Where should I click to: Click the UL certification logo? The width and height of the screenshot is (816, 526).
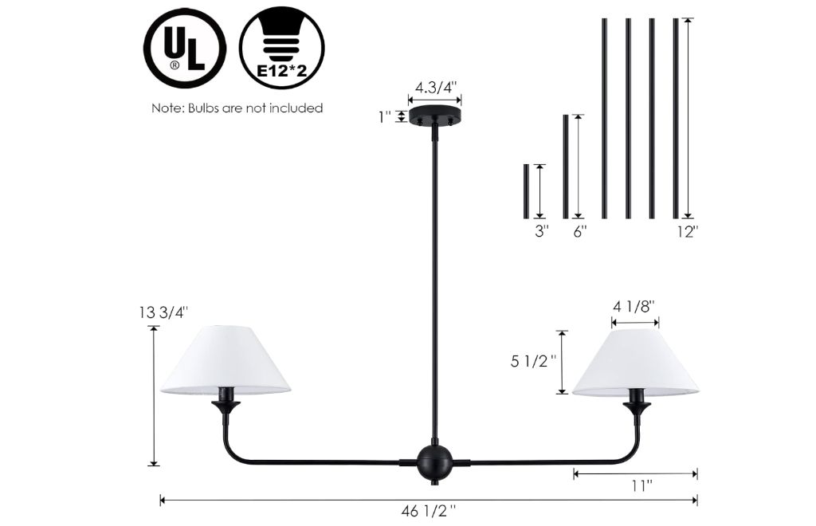185,48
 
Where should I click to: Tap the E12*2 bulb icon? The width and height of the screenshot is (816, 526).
281,48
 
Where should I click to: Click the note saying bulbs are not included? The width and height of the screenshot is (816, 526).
237,108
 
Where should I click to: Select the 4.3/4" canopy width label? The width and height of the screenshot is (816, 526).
435,87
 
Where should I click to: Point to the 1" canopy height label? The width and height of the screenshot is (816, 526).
385,117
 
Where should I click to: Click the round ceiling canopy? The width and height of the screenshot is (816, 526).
435,116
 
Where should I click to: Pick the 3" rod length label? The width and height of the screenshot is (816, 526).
542,232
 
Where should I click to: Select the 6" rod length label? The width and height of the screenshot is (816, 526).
580,232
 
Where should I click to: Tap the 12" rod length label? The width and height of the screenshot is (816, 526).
688,232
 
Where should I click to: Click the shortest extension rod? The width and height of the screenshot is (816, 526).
526,191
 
